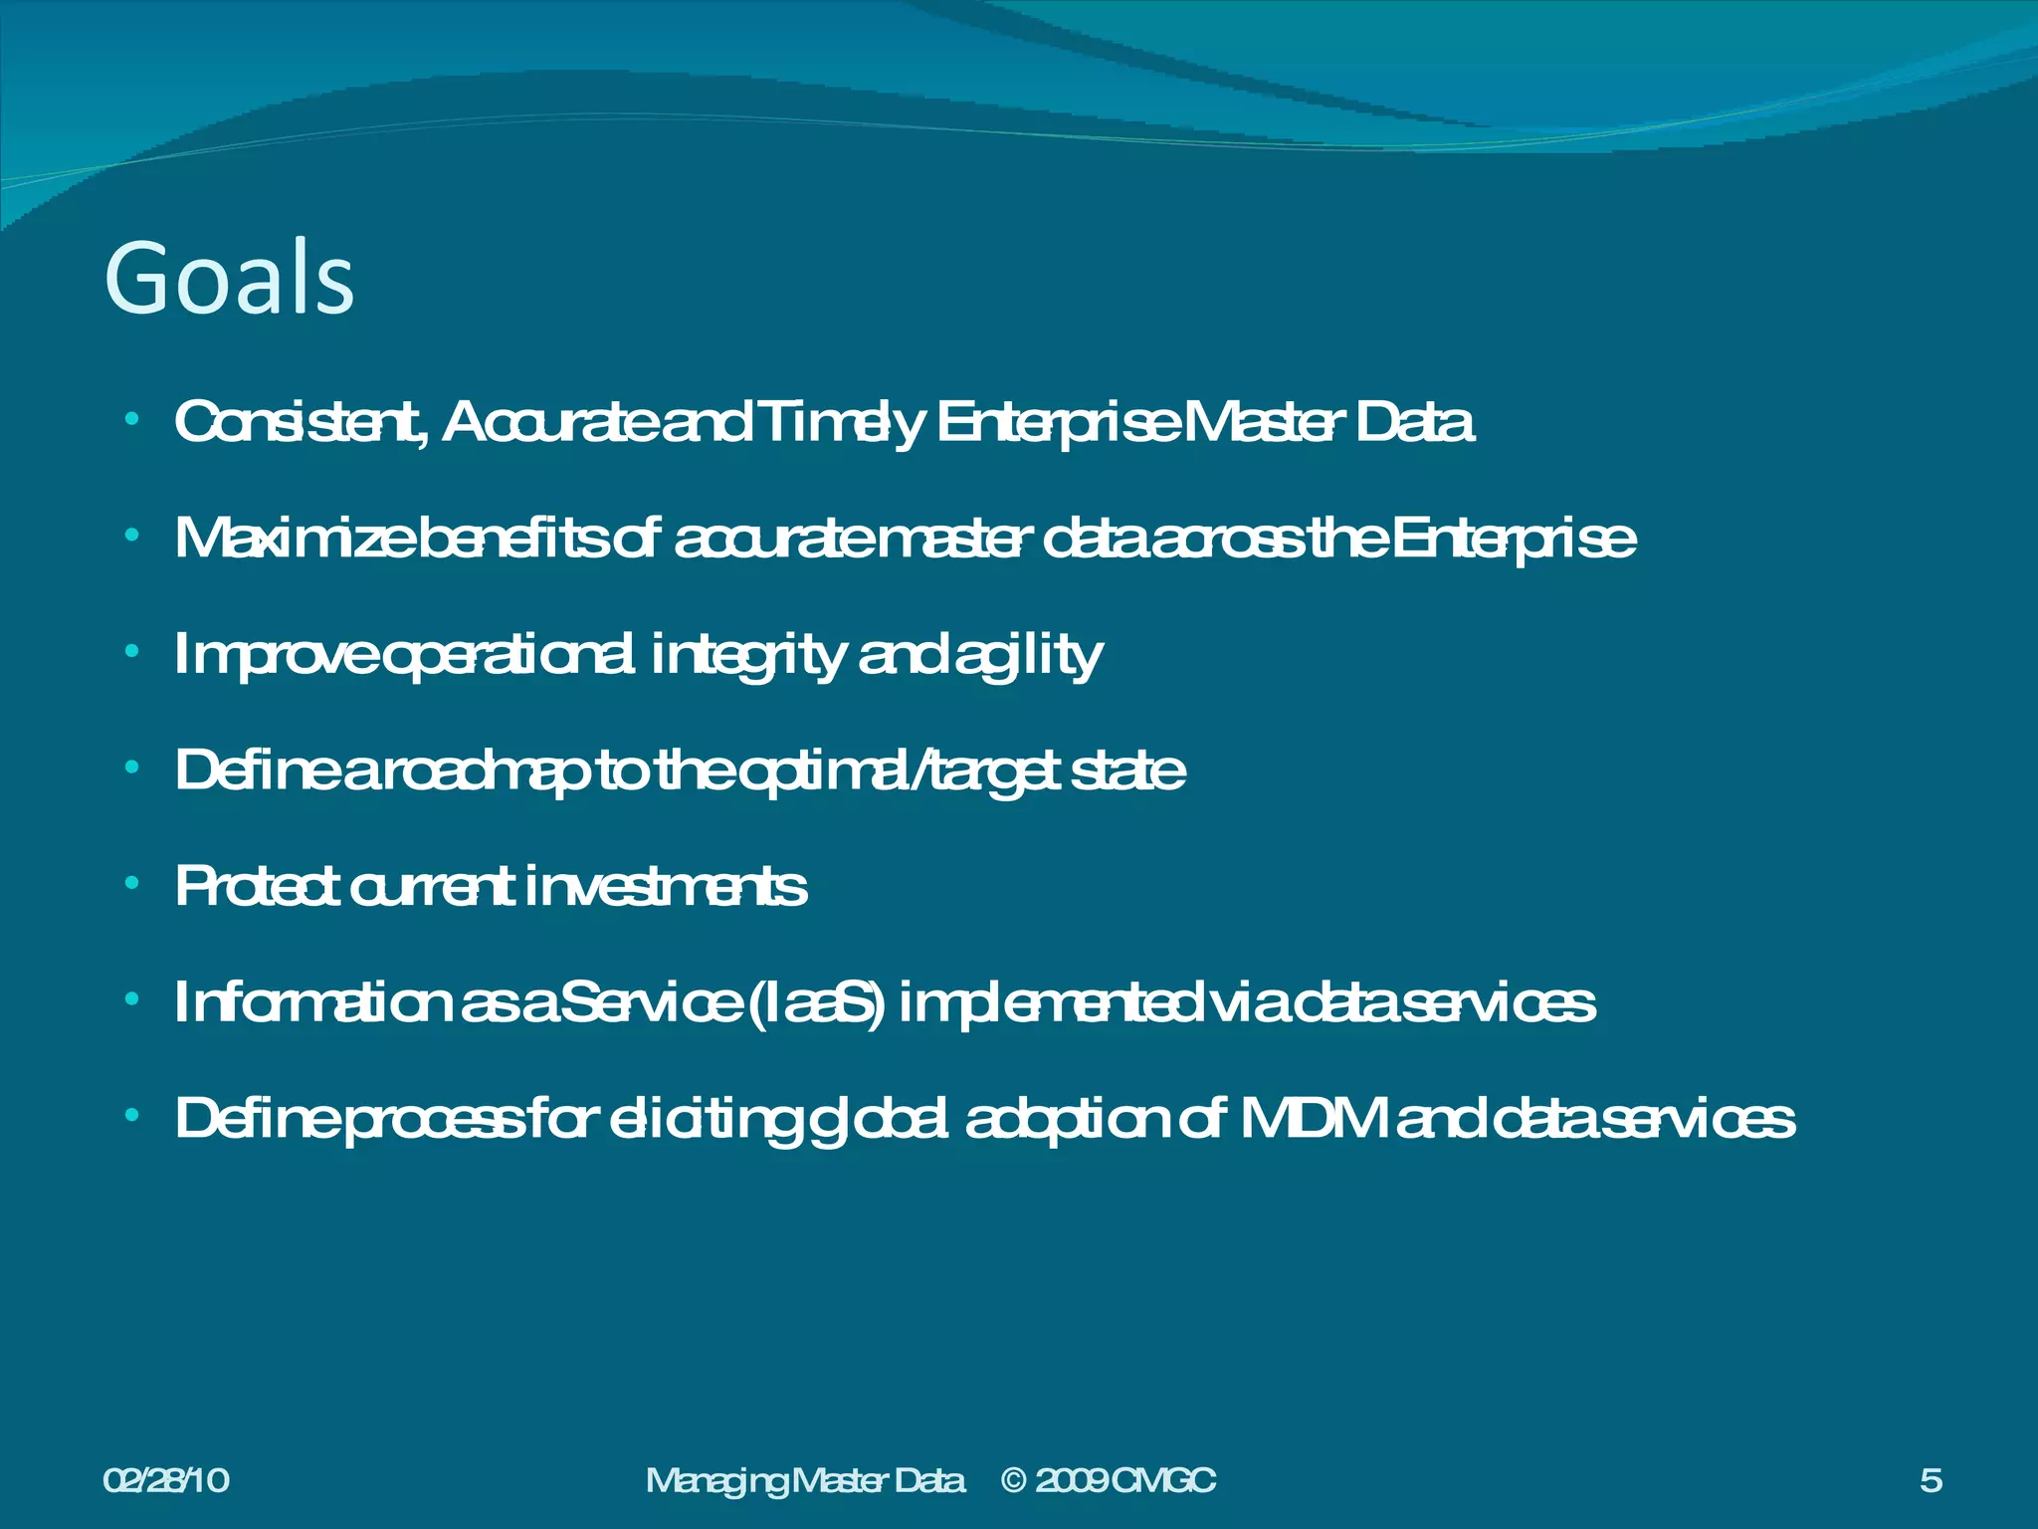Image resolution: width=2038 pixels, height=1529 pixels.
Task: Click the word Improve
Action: (275, 655)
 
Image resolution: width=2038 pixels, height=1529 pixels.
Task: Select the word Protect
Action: (258, 886)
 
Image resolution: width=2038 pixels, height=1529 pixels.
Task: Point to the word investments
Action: (665, 886)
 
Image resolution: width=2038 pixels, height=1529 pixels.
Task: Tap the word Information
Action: (313, 1002)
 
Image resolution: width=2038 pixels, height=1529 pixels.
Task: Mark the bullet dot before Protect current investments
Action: (132, 884)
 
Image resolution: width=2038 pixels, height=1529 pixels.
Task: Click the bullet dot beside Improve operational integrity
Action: (132, 652)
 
